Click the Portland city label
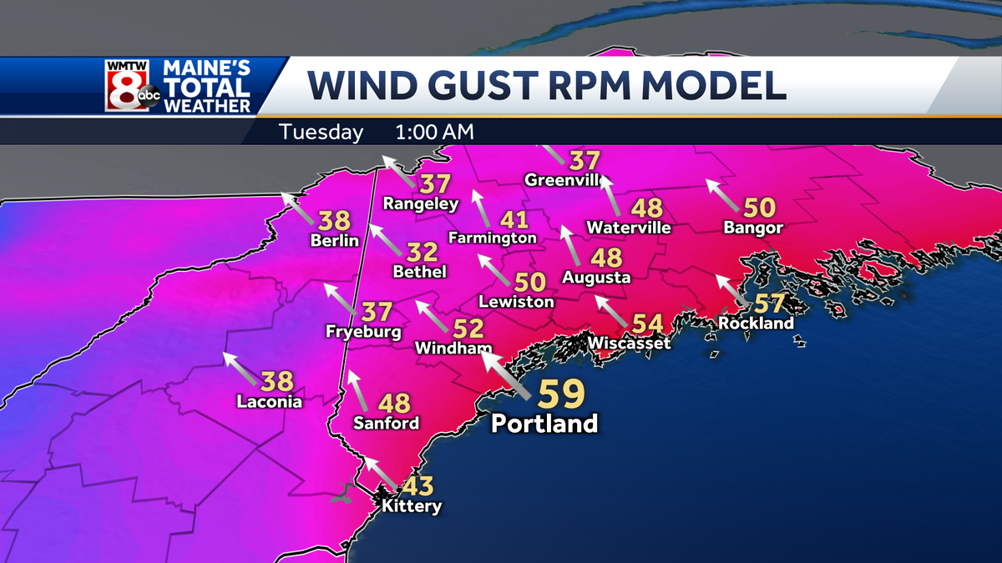coord(544,423)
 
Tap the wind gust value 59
coord(559,393)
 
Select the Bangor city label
coord(753,228)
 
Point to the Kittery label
coord(411,505)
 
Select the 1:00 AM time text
coord(435,132)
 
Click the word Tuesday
coord(321,132)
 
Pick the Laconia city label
coord(268,401)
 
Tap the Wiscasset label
coord(629,343)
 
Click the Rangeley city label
coord(421,204)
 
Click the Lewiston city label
coord(517,301)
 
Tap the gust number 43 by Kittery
coord(415,485)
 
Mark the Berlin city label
coord(334,241)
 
